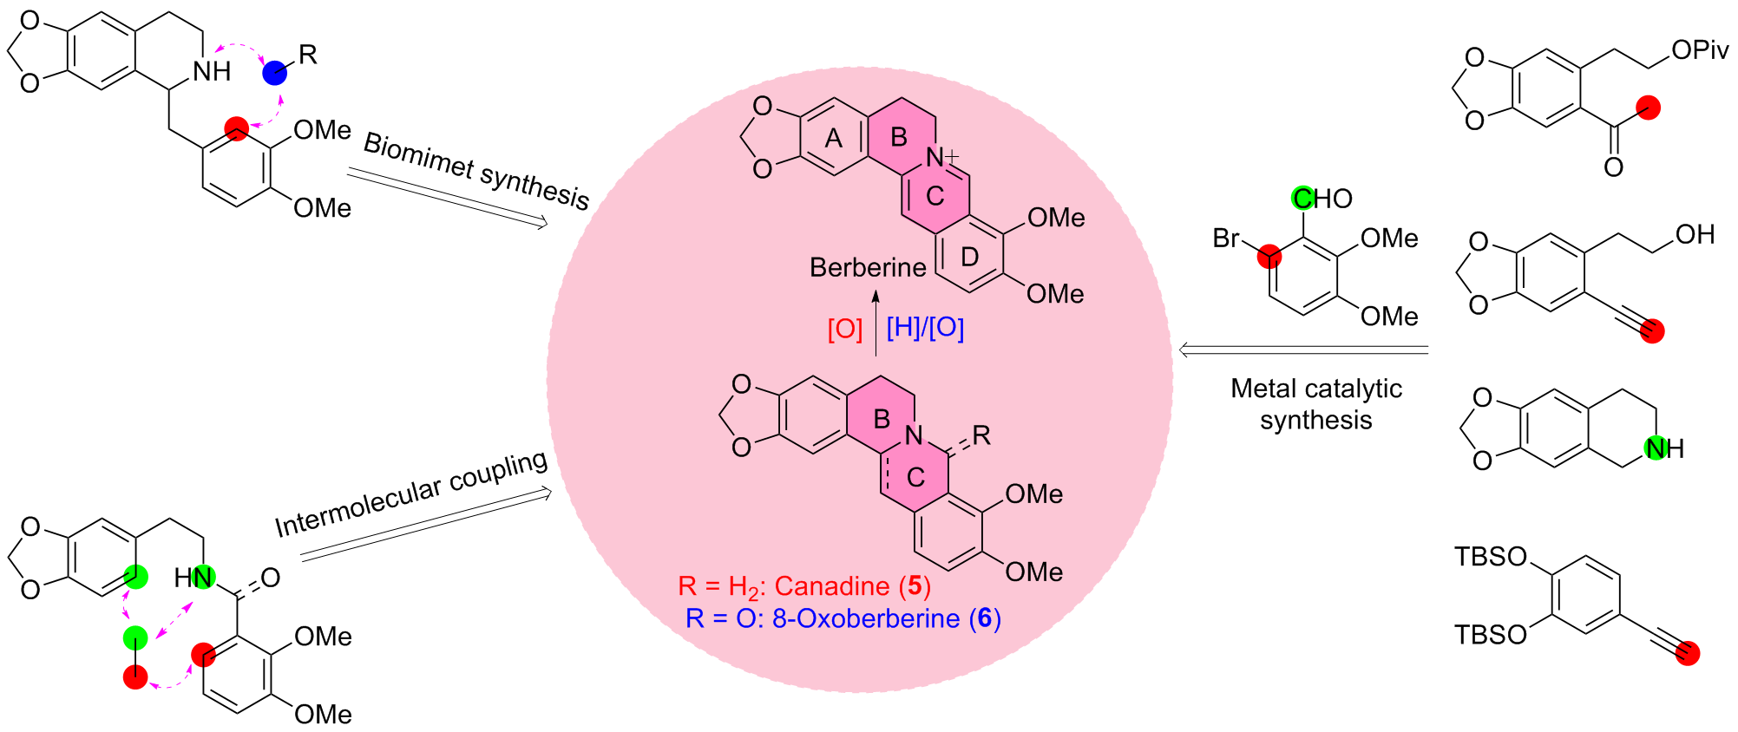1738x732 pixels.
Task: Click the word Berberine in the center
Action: pyautogui.click(x=867, y=267)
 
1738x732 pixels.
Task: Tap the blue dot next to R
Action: pyautogui.click(x=275, y=72)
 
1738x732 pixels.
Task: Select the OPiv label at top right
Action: pyautogui.click(x=1699, y=50)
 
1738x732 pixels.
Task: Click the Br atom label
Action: pyautogui.click(x=1225, y=238)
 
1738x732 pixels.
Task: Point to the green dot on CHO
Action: pyautogui.click(x=1302, y=199)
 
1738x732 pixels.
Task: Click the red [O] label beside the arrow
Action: pyautogui.click(x=844, y=329)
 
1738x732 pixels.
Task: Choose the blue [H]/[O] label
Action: pyautogui.click(x=925, y=328)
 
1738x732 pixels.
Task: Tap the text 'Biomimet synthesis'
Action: pyautogui.click(x=476, y=171)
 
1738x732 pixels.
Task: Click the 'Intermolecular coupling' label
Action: pyautogui.click(x=411, y=493)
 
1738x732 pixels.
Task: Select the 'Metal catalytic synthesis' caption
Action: pyautogui.click(x=1315, y=404)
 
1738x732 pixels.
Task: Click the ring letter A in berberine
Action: pyautogui.click(x=833, y=139)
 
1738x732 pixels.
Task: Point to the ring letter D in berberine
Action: pyautogui.click(x=969, y=257)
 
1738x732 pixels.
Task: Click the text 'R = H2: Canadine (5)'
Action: pyautogui.click(x=804, y=587)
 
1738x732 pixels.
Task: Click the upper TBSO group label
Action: pyautogui.click(x=1490, y=556)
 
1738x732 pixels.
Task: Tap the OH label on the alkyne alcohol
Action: pyautogui.click(x=1695, y=234)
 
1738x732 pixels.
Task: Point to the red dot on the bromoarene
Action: pyautogui.click(x=1269, y=256)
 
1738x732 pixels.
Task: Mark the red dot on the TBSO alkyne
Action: pyautogui.click(x=1688, y=653)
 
